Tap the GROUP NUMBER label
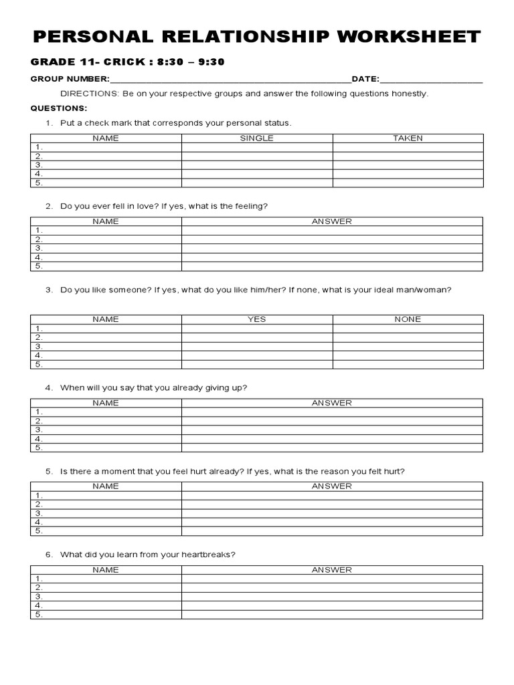[70, 79]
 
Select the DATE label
[365, 79]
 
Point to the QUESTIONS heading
[59, 108]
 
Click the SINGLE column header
[257, 138]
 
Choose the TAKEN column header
[408, 138]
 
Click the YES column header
[257, 320]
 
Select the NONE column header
[408, 320]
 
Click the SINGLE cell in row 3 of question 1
[257, 165]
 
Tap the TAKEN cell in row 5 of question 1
[408, 183]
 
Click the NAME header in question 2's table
[106, 221]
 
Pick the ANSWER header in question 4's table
[331, 403]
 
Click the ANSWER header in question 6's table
[331, 570]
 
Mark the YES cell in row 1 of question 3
[257, 328]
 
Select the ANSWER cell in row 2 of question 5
[331, 504]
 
